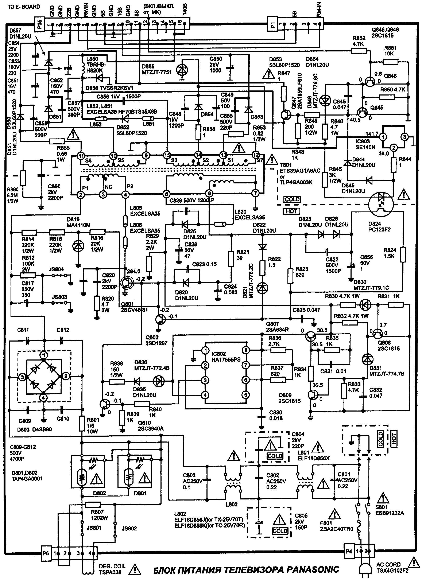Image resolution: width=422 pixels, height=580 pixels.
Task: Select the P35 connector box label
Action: tap(40, 24)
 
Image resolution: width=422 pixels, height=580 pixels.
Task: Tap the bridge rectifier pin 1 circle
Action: tap(44, 355)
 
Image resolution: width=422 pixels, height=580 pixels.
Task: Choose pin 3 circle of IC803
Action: tap(404, 137)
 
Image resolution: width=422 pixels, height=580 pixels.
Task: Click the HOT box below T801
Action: tap(291, 211)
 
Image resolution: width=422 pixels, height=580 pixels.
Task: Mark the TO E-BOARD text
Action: tap(24, 7)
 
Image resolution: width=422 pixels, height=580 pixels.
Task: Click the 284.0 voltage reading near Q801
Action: tap(133, 271)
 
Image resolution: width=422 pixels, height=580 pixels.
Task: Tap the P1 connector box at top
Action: tap(273, 25)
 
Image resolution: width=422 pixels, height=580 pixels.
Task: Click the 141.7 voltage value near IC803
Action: tap(372, 134)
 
